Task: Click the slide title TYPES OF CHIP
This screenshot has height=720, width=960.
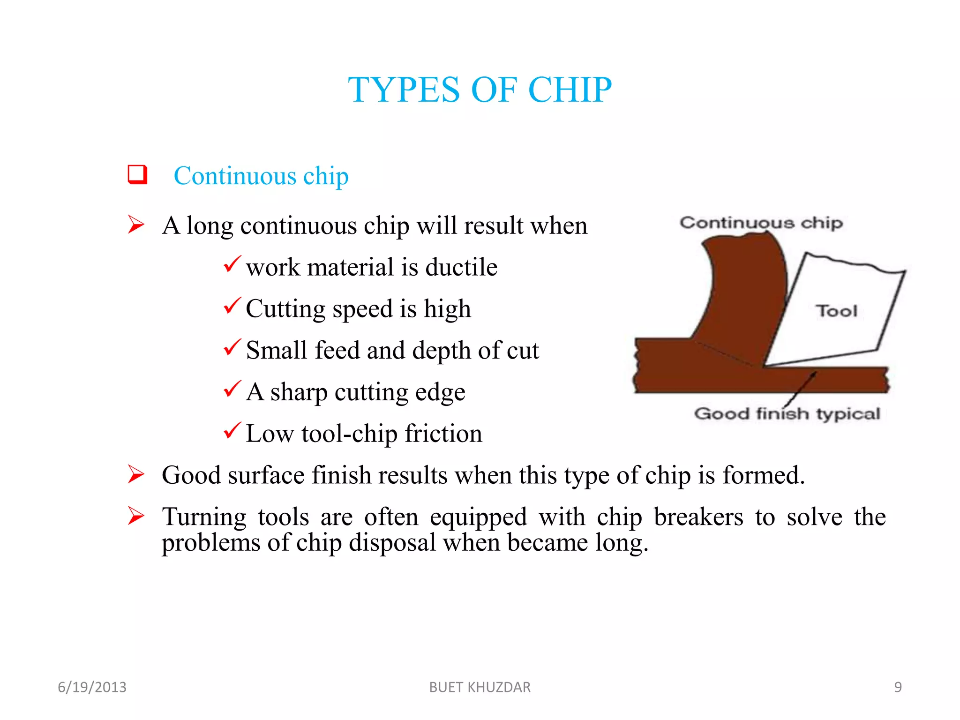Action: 480,90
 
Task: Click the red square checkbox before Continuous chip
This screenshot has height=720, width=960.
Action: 137,174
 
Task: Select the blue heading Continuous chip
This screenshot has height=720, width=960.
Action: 261,176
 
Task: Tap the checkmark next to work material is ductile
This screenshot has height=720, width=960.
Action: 232,264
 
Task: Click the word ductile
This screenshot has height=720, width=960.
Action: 461,268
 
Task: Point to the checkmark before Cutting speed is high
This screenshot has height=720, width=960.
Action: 232,306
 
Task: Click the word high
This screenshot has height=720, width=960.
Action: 447,309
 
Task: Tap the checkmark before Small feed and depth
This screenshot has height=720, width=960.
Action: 232,347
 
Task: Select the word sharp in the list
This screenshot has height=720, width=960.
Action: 298,393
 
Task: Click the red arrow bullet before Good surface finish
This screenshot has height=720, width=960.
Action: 136,474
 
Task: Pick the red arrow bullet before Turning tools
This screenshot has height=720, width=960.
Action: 136,516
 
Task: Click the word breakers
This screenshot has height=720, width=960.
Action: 698,517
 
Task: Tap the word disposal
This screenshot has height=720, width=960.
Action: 392,543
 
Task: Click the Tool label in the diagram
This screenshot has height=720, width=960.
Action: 837,311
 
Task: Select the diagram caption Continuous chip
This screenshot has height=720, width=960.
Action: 761,223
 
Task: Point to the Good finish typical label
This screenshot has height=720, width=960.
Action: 787,414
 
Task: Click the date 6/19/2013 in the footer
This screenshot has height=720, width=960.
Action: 92,687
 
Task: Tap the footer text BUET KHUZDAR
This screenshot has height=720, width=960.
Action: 480,687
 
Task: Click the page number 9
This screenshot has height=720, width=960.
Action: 898,687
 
